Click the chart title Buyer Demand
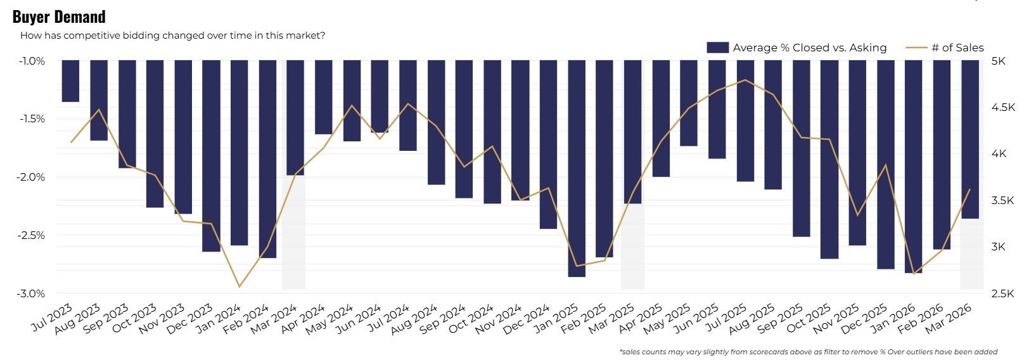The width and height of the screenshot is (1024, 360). (x=59, y=16)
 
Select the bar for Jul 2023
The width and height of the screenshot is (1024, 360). (x=70, y=81)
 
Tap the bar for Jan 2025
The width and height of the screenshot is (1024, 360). (x=577, y=169)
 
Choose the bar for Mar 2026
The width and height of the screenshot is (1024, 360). (x=970, y=139)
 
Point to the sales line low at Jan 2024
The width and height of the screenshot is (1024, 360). (x=240, y=286)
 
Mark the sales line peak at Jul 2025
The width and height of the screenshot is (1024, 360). (x=745, y=80)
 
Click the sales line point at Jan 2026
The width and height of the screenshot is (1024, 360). (x=914, y=274)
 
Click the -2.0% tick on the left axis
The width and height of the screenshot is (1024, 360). (x=32, y=177)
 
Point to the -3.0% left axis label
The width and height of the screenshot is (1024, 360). (x=32, y=293)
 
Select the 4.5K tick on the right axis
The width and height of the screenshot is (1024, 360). (x=1002, y=107)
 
